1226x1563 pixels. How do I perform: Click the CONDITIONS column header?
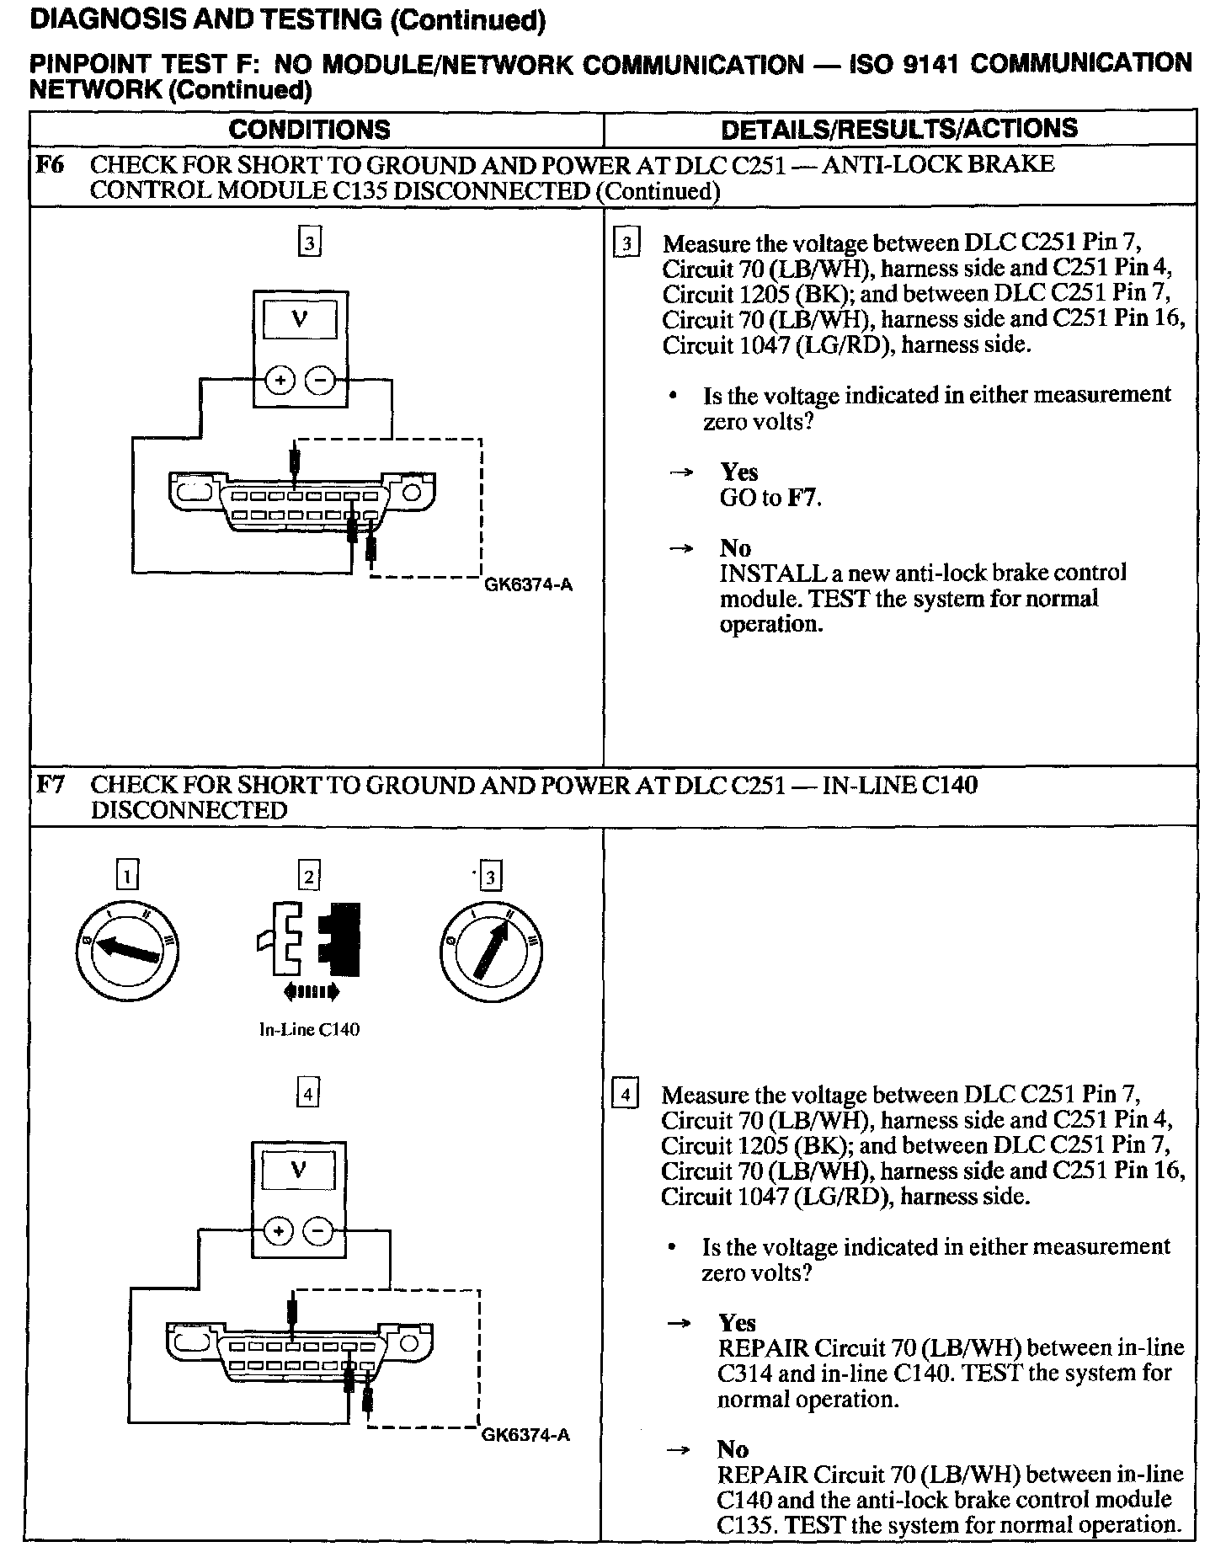click(309, 129)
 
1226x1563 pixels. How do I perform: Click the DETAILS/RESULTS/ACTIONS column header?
click(899, 128)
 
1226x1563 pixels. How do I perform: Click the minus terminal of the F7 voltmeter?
click(318, 1232)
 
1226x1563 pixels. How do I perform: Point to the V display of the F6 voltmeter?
click(300, 320)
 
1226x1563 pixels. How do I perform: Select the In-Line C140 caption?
click(309, 1030)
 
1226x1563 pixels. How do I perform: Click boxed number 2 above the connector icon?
click(309, 877)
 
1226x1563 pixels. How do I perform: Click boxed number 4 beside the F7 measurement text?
click(624, 1096)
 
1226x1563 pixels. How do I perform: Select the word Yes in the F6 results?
click(738, 472)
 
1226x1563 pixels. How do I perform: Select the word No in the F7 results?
click(733, 1449)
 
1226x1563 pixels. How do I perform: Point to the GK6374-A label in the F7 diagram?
click(525, 1435)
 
